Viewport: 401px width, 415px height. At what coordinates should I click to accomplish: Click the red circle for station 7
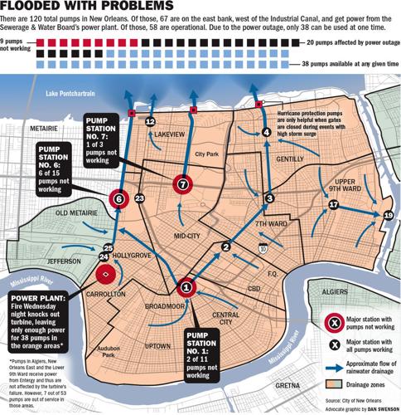tap(182, 184)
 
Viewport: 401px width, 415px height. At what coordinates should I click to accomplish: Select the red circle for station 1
tap(186, 288)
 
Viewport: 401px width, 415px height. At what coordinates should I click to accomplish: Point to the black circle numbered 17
tap(334, 204)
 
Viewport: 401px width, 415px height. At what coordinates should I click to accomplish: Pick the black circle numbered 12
tap(150, 121)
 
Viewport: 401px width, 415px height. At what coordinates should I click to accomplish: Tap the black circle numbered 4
tap(267, 131)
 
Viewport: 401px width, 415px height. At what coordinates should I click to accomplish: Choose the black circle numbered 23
tap(139, 198)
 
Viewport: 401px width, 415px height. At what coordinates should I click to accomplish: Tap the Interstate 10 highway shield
tap(262, 247)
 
